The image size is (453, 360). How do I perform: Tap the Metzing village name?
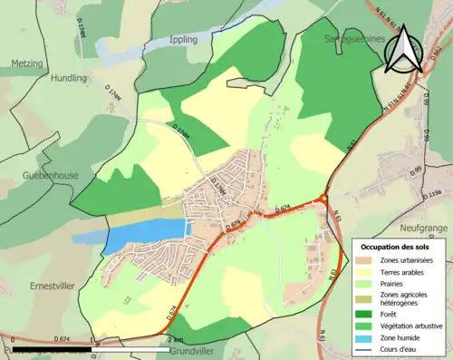point(27,63)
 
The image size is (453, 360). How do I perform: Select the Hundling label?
point(69,78)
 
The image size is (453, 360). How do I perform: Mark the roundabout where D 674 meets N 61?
point(323,201)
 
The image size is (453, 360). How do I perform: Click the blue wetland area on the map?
point(145,237)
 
